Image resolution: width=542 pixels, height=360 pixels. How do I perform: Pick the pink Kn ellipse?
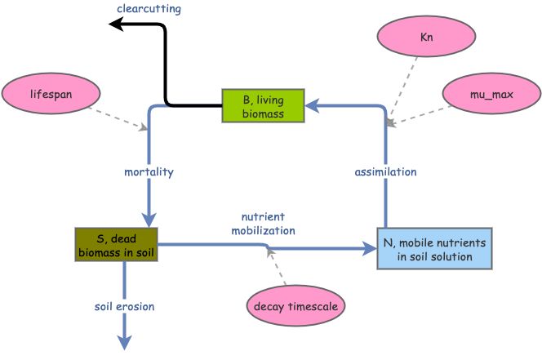(425, 38)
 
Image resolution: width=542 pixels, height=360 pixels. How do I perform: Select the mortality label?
(149, 173)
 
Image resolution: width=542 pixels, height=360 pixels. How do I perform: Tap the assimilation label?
(385, 172)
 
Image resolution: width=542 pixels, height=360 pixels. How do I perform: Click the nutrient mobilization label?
(268, 224)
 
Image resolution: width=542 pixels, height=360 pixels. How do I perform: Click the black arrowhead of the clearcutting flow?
(117, 25)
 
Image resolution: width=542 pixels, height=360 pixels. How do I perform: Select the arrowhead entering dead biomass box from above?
(148, 219)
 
